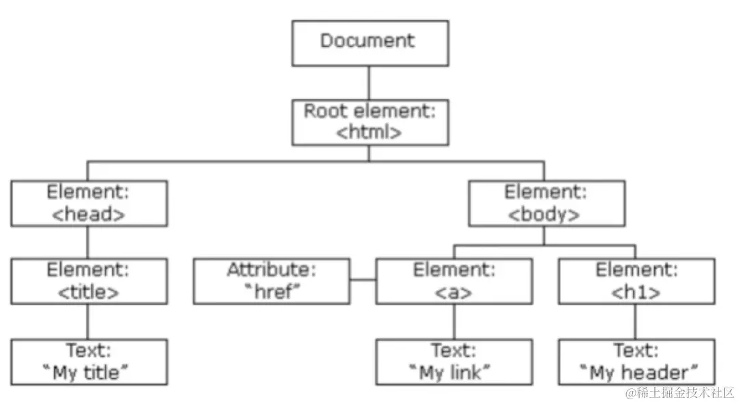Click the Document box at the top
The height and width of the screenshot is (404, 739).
(370, 43)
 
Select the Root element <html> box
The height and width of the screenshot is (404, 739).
(370, 122)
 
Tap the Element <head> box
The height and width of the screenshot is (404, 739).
(89, 203)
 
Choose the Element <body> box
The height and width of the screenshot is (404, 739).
(546, 203)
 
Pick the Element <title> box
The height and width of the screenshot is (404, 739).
(89, 281)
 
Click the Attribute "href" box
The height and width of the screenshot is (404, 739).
(272, 281)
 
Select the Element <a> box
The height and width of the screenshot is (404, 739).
(453, 281)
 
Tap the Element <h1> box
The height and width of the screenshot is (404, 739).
(636, 281)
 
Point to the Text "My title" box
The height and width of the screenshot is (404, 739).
(89, 362)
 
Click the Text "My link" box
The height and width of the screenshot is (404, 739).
(453, 362)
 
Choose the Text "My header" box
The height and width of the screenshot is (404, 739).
(636, 362)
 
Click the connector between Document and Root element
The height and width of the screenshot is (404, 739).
(370, 83)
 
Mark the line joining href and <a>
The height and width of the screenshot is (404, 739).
(363, 280)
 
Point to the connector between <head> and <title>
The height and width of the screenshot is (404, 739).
(88, 242)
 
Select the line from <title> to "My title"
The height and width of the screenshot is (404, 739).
(88, 321)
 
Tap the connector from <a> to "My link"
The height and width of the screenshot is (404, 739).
(453, 321)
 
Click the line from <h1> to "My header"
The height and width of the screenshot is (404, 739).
(636, 321)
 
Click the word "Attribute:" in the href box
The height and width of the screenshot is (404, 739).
(272, 270)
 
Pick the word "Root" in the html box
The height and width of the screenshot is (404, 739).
(325, 111)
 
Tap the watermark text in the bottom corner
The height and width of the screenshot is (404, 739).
(677, 392)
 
